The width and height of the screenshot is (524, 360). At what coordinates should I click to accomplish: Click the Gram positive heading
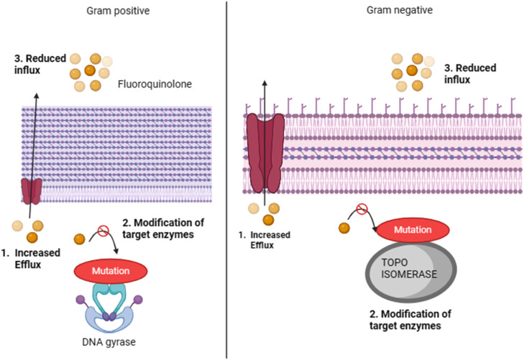tap(118, 11)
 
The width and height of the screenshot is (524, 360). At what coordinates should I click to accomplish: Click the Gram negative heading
tap(400, 10)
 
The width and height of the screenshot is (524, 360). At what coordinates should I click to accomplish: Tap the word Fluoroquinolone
tap(155, 84)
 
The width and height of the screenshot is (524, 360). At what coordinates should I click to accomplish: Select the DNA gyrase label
tap(109, 342)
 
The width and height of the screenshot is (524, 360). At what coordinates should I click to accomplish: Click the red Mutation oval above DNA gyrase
tap(111, 270)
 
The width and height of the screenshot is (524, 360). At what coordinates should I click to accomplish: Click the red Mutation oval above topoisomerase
tap(413, 230)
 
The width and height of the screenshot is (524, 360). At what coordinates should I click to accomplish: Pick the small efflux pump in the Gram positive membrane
tap(32, 191)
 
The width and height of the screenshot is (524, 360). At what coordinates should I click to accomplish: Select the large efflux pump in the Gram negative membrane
tap(265, 153)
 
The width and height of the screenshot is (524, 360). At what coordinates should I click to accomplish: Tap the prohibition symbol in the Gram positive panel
tap(104, 231)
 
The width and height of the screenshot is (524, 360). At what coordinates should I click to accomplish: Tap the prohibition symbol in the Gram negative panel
tap(362, 209)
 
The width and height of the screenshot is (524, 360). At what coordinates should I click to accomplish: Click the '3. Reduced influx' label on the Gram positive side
tap(40, 64)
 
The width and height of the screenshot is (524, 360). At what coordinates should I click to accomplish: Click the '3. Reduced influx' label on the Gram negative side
tap(470, 73)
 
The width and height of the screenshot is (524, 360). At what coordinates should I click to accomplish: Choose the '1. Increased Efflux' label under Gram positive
tap(31, 259)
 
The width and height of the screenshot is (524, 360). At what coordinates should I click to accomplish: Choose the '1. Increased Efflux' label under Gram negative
tap(265, 240)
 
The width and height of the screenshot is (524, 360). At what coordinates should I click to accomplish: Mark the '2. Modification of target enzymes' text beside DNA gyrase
tap(163, 229)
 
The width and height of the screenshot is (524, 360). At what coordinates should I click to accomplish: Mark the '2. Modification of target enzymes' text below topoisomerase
tap(410, 320)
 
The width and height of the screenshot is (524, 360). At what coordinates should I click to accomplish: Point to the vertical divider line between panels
tap(226, 180)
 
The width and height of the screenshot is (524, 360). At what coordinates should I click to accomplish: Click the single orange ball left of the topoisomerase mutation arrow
tap(344, 228)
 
